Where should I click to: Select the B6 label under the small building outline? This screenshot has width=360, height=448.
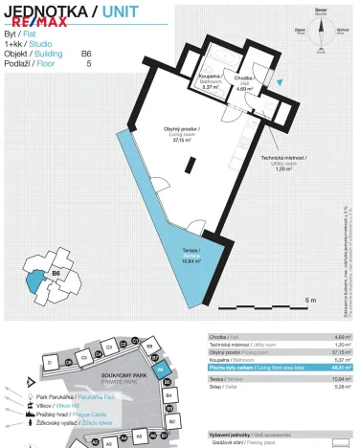(56, 274)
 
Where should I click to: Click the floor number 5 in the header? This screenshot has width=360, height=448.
(89, 64)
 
